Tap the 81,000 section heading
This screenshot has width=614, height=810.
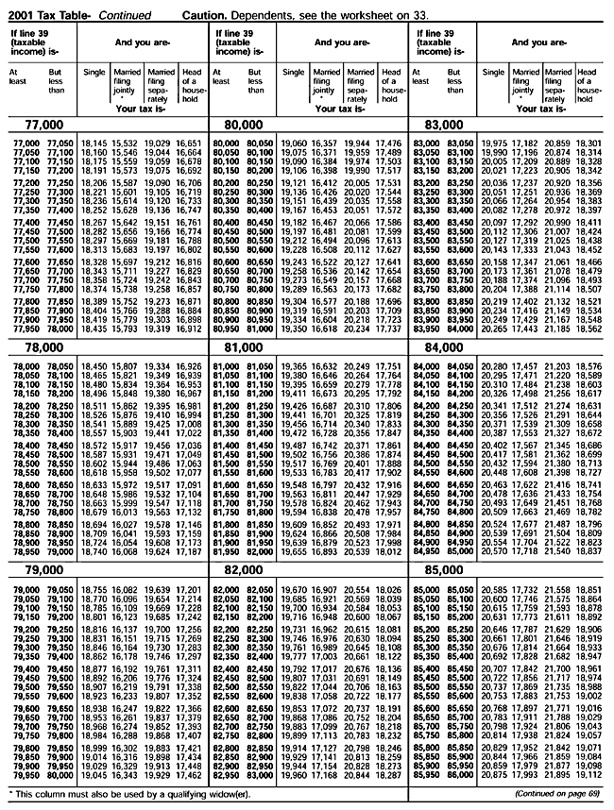[240, 347]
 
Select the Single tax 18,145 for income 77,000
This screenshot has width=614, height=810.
[94, 143]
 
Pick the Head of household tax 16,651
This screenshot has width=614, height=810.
[188, 143]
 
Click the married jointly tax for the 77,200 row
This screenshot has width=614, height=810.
[126, 181]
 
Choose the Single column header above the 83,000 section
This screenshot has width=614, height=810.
[493, 73]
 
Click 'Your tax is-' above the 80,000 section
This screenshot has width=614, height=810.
[339, 109]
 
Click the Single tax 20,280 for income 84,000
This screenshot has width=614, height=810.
[495, 366]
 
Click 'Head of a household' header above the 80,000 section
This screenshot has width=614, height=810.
[390, 83]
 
